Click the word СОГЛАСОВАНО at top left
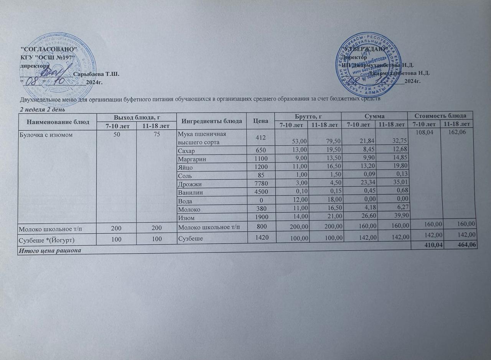[x=48, y=50]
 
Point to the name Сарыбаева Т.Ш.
[x=96, y=74]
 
